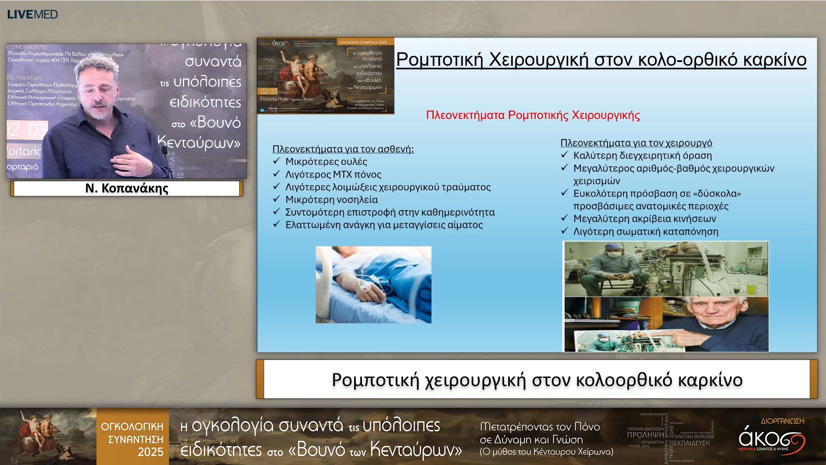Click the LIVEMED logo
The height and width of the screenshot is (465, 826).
(x=32, y=14)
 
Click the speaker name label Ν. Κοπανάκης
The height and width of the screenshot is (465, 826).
(x=126, y=188)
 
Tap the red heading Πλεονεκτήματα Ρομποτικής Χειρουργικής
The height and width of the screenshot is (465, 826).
(x=533, y=115)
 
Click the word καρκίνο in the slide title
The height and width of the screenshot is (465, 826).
(x=774, y=59)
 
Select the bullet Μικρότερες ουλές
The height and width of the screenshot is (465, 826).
(x=326, y=161)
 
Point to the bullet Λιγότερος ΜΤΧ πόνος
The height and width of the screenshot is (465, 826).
(x=333, y=174)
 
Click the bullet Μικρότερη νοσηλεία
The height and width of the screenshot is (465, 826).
(x=331, y=199)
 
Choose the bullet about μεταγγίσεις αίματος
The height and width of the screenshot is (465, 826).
(x=384, y=225)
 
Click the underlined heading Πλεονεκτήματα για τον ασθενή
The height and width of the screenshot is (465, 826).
(x=343, y=149)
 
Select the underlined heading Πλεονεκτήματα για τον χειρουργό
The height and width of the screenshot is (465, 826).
(x=636, y=143)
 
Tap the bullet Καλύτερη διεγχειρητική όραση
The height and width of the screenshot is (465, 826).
(x=642, y=155)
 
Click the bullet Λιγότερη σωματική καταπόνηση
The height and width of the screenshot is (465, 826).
(x=645, y=232)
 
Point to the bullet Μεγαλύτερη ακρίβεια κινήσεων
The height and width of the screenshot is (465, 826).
(x=644, y=219)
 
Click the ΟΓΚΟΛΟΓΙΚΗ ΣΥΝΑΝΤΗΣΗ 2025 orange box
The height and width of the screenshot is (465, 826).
(x=133, y=439)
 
